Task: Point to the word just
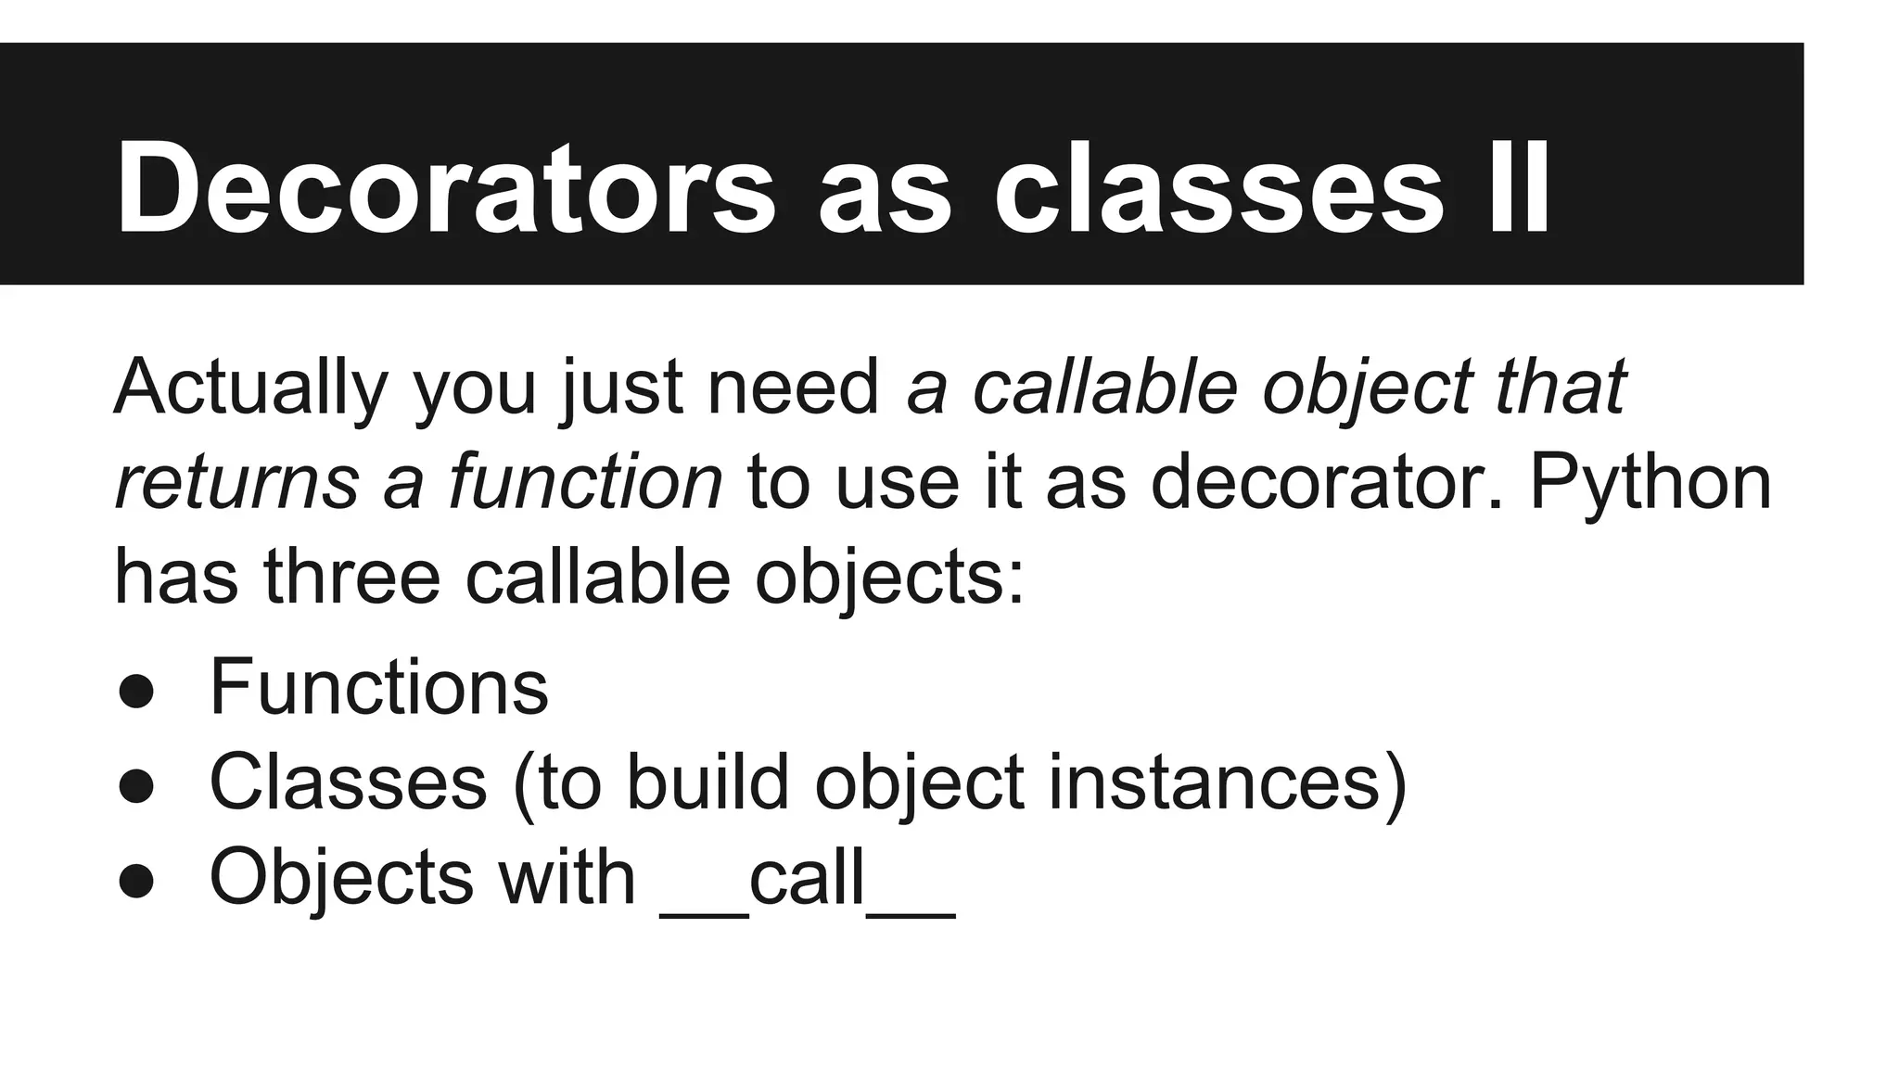click(622, 387)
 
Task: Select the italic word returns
click(236, 482)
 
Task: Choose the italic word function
click(585, 482)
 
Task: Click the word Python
click(1650, 482)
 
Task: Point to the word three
click(352, 577)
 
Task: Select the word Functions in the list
click(379, 688)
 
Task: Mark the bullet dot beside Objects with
click(136, 881)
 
